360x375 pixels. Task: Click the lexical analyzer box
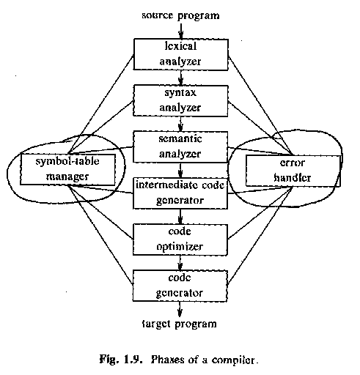point(181,54)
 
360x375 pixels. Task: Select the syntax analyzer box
point(180,100)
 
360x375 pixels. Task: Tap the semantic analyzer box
point(180,147)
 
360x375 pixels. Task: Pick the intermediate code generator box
point(180,193)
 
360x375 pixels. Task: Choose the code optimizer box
point(180,240)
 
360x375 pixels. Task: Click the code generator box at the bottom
point(180,286)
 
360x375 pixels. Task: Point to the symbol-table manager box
point(67,169)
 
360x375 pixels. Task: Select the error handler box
point(293,171)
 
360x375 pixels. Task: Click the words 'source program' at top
point(180,15)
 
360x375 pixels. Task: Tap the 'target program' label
point(180,324)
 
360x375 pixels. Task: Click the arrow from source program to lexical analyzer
point(181,31)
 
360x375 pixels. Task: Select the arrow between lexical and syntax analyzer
point(181,78)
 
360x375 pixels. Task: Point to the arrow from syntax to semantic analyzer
point(180,124)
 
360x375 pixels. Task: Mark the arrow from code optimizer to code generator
point(180,263)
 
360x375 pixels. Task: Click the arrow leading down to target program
point(180,310)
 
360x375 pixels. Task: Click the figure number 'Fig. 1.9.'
point(121,360)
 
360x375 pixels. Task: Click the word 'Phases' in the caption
point(167,360)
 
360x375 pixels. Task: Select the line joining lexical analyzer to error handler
point(260,106)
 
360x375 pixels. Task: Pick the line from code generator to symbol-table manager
point(100,235)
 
